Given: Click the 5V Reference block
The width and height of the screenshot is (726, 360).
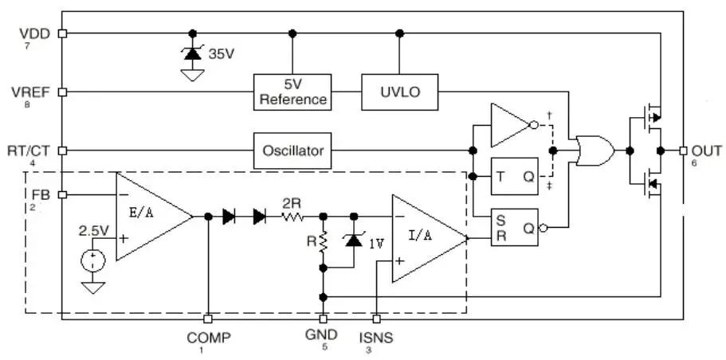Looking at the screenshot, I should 292,92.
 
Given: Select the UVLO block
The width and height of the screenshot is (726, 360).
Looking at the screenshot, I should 400,92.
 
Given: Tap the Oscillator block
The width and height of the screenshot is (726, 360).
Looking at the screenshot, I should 292,150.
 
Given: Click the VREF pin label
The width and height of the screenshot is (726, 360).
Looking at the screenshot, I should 33,92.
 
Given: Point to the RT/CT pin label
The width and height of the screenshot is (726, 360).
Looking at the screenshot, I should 31,150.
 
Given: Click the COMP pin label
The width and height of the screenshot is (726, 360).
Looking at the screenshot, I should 209,337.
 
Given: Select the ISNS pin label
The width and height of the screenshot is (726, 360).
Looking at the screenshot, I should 376,337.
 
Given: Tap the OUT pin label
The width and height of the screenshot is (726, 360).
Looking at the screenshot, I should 707,150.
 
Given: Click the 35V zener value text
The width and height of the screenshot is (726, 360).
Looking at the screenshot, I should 222,55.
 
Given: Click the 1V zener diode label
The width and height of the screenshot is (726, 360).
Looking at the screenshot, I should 375,244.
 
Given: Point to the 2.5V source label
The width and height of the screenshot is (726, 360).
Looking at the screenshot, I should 93,230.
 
